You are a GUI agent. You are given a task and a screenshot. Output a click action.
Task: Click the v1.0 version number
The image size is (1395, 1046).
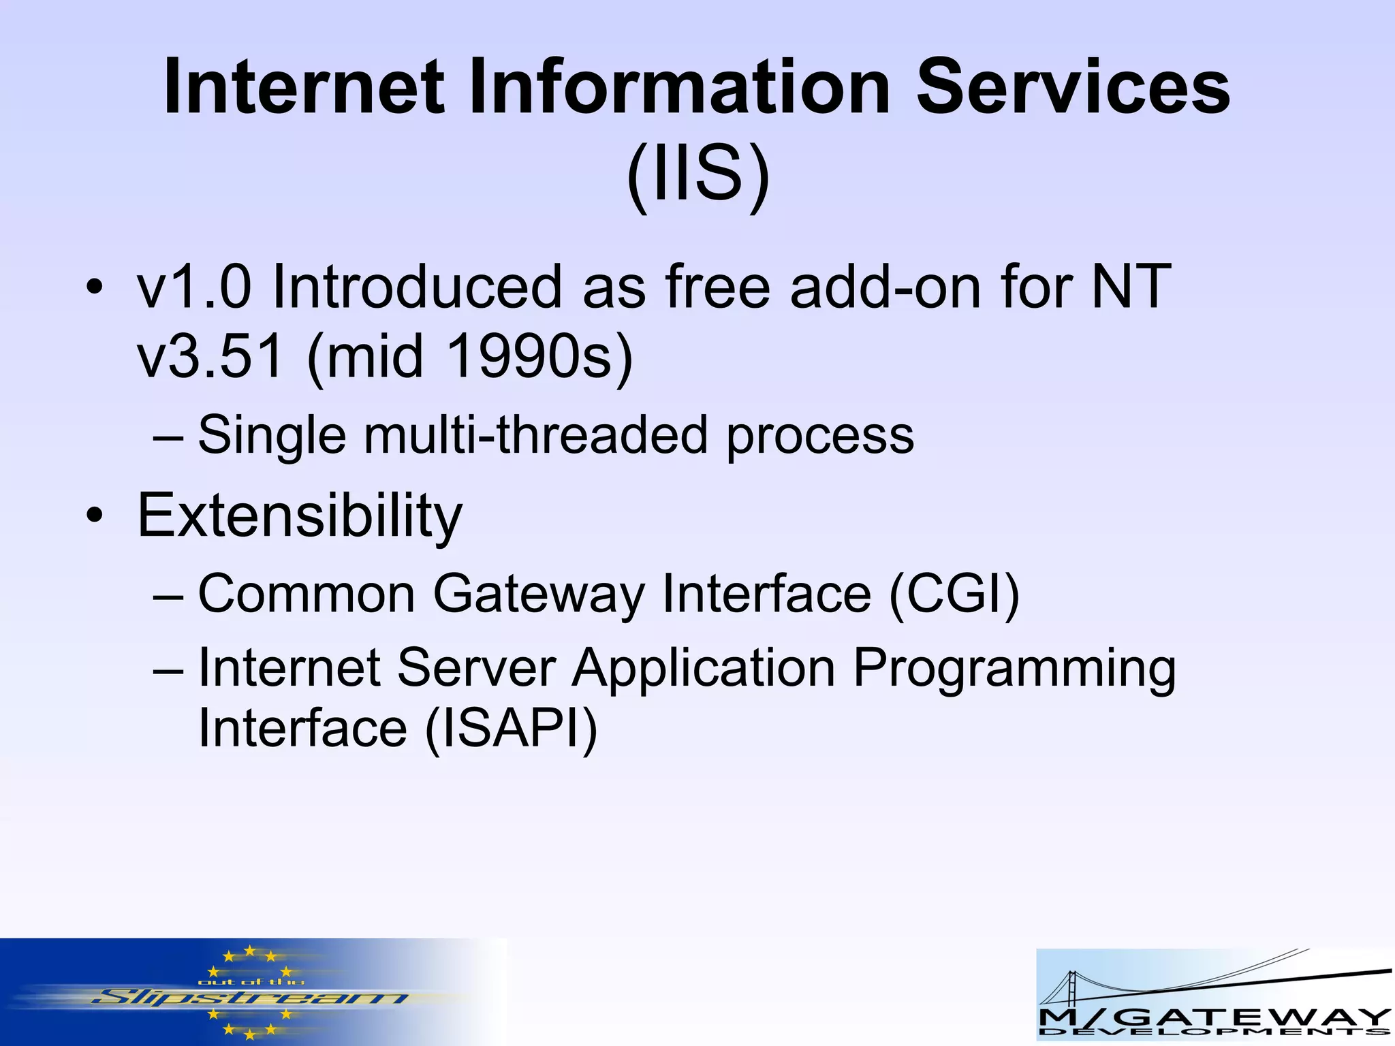coord(193,287)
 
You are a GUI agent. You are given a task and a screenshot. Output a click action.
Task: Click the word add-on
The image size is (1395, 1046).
coord(885,287)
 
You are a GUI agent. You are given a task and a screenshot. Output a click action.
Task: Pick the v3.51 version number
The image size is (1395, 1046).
coord(210,357)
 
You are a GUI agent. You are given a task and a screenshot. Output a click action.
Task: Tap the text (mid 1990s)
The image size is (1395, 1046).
coord(470,357)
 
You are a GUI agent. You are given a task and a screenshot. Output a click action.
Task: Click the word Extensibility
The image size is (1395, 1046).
coord(300,516)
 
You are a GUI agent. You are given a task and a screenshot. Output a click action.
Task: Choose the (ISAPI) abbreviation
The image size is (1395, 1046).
coord(511,728)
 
